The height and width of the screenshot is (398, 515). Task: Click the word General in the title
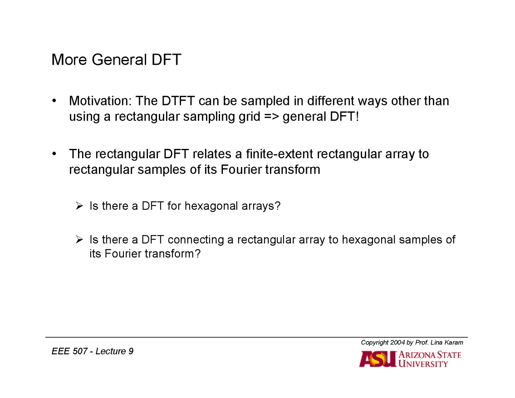119,60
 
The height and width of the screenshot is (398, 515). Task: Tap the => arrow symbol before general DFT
271,117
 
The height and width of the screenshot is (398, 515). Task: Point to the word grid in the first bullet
249,117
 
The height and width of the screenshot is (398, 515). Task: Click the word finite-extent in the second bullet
279,154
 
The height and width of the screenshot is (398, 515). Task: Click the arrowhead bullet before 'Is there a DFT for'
79,206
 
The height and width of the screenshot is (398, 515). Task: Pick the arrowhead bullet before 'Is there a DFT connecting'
79,240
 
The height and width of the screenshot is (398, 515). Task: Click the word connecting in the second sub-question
196,240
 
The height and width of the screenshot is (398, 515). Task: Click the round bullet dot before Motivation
54,101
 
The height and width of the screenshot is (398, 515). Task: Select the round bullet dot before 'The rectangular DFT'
54,154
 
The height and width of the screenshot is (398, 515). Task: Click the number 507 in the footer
80,351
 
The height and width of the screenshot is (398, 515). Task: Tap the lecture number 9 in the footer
131,351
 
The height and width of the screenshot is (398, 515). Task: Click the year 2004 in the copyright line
397,342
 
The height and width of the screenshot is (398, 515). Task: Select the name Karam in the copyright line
454,342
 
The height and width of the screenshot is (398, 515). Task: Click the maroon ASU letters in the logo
377,359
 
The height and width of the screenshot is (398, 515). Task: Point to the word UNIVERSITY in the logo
423,364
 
